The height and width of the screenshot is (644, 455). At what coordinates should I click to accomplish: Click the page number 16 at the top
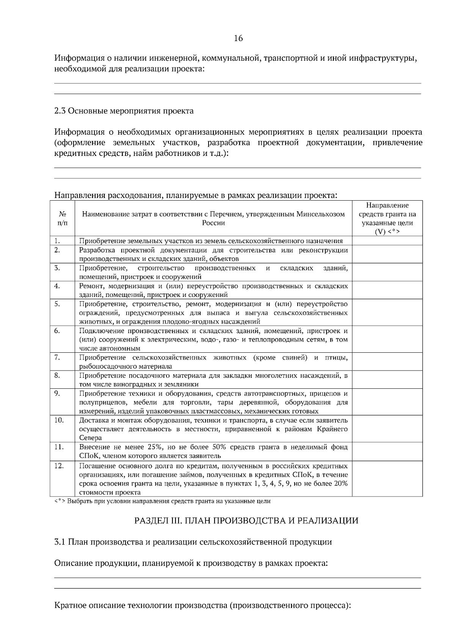[x=238, y=38]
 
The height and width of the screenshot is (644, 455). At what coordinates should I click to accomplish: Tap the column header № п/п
[x=62, y=218]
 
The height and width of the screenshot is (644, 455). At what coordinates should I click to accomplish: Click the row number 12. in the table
[x=59, y=466]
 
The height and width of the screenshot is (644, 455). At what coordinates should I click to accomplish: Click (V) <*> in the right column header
[x=387, y=232]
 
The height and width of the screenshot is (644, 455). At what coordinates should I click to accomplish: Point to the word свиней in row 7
[x=294, y=358]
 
